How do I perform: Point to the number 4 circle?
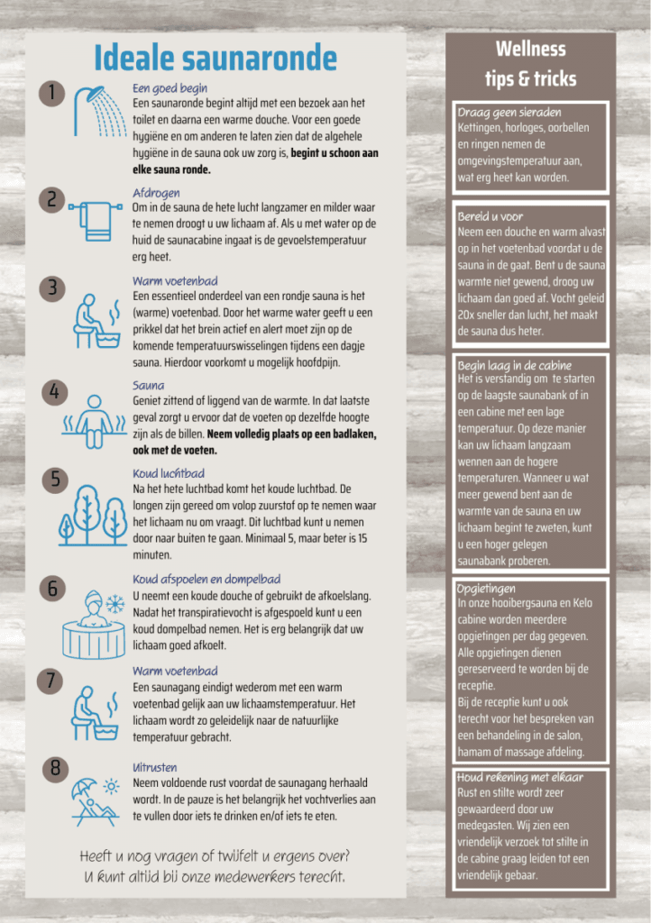click(54, 391)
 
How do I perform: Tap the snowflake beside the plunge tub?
click(115, 601)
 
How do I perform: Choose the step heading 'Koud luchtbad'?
click(168, 472)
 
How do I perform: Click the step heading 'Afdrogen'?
click(156, 193)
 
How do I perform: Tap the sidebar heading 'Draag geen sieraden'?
click(509, 113)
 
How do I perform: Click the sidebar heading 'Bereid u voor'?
click(490, 216)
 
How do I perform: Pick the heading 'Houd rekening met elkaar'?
click(519, 777)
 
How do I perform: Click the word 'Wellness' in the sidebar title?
click(530, 49)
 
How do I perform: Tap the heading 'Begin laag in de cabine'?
click(514, 365)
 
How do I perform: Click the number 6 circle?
click(54, 589)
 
